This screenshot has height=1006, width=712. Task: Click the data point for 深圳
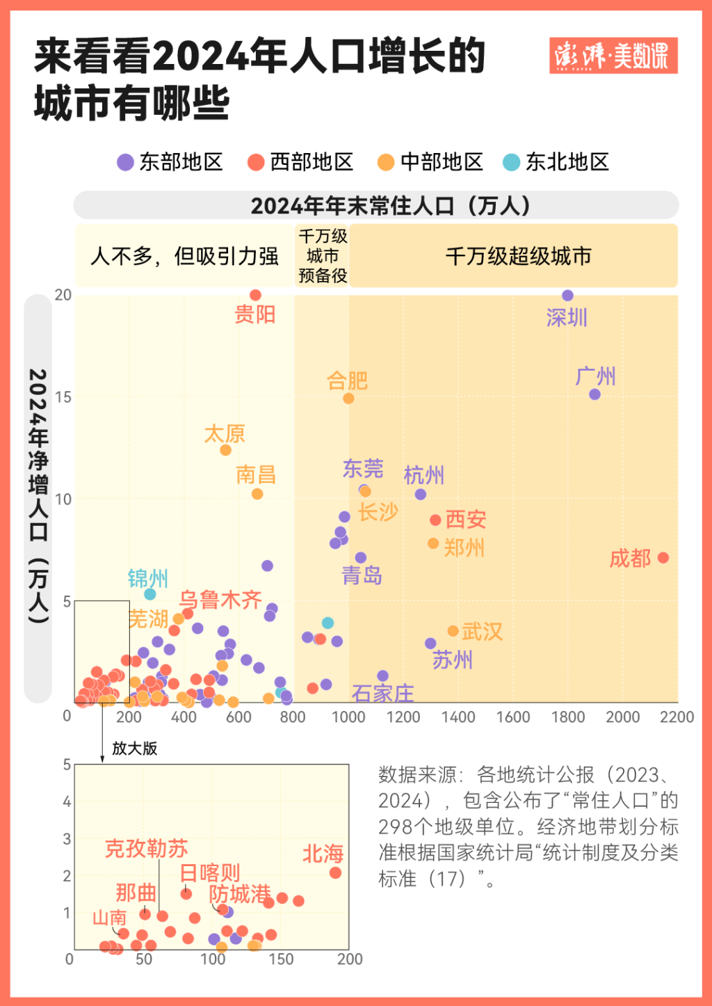tap(567, 296)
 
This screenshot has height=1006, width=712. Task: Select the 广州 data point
tap(594, 394)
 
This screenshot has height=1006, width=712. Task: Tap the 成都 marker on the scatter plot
tap(663, 558)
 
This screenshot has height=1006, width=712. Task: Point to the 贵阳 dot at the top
tap(255, 296)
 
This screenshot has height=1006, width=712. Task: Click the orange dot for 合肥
tap(348, 399)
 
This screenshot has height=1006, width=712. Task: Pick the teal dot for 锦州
tap(149, 594)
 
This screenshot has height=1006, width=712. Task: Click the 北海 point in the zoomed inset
tap(335, 872)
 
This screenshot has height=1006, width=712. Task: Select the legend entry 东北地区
tap(556, 162)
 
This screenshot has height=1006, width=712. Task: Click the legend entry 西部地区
tap(300, 162)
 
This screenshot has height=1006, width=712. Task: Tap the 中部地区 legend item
tap(430, 162)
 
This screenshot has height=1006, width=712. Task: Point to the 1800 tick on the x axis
tap(567, 717)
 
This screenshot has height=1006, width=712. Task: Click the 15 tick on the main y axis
tap(63, 397)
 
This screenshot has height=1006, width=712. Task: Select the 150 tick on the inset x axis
tap(281, 959)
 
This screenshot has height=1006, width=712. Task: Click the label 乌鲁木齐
tap(220, 600)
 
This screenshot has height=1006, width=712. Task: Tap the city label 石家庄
tap(382, 693)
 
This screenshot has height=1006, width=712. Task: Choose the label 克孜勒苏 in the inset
tap(146, 849)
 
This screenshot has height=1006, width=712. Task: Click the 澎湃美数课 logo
tap(613, 56)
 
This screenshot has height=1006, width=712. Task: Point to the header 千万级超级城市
tap(518, 256)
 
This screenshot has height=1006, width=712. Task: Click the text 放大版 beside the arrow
tap(135, 749)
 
